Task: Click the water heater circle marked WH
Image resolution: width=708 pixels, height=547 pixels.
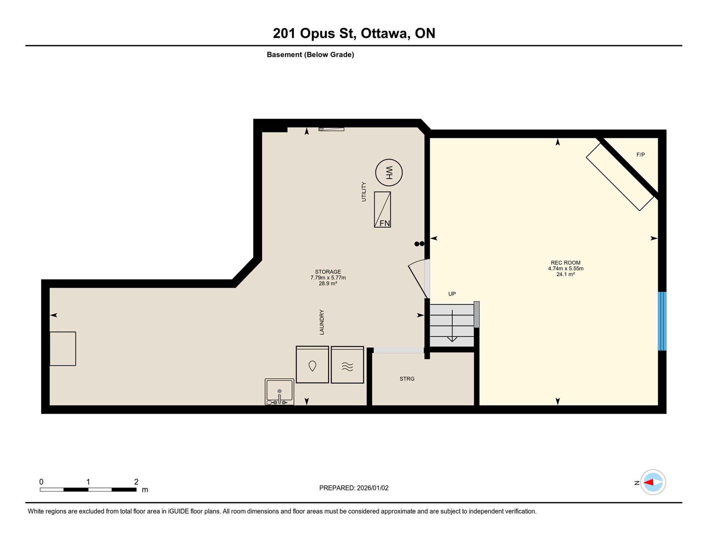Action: click(x=389, y=172)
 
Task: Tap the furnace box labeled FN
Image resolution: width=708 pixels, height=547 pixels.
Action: click(x=382, y=210)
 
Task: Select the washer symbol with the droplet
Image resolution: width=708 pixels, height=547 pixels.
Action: click(x=312, y=365)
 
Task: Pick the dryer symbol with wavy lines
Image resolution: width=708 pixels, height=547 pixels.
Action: click(x=347, y=365)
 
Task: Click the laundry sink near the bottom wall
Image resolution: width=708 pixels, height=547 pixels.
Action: click(x=279, y=392)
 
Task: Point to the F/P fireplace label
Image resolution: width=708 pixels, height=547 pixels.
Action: click(x=640, y=155)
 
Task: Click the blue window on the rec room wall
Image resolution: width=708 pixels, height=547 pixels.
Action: click(x=662, y=321)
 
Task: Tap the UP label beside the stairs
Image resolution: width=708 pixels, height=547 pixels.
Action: click(x=452, y=294)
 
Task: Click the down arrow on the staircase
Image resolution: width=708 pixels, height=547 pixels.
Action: click(x=452, y=326)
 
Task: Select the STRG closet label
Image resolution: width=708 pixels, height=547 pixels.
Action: click(x=407, y=379)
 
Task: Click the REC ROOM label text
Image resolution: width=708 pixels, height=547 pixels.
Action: click(x=565, y=263)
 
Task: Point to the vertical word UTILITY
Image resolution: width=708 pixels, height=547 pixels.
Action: click(x=364, y=192)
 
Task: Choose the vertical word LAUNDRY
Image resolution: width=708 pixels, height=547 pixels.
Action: click(x=322, y=322)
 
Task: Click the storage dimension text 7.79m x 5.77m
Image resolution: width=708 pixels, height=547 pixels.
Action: click(x=328, y=278)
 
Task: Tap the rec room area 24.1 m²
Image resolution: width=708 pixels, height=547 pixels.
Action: click(x=565, y=274)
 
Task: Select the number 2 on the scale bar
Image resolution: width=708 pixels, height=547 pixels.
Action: click(x=136, y=482)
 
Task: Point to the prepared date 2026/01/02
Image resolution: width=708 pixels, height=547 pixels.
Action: click(x=372, y=488)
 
